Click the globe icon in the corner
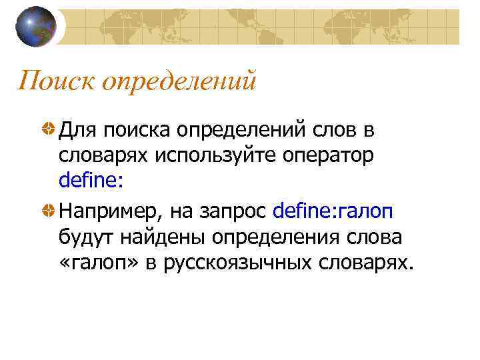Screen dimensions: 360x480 click(35, 27)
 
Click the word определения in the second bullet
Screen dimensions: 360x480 click(274, 239)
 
